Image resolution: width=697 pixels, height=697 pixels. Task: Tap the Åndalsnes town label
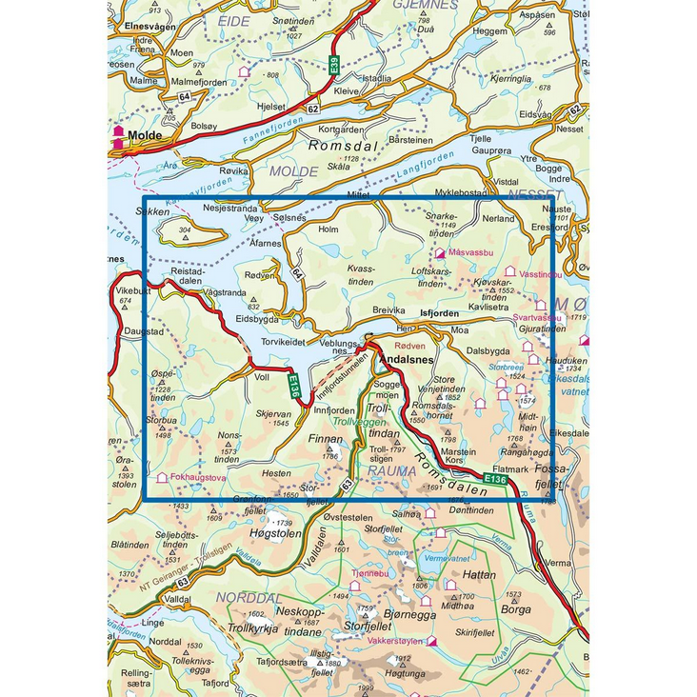tap(407, 361)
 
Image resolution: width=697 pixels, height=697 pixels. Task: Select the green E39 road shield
tap(334, 67)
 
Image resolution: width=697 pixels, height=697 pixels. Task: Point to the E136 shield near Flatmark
tap(494, 479)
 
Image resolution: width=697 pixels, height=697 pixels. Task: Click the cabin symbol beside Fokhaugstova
tap(162, 477)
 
